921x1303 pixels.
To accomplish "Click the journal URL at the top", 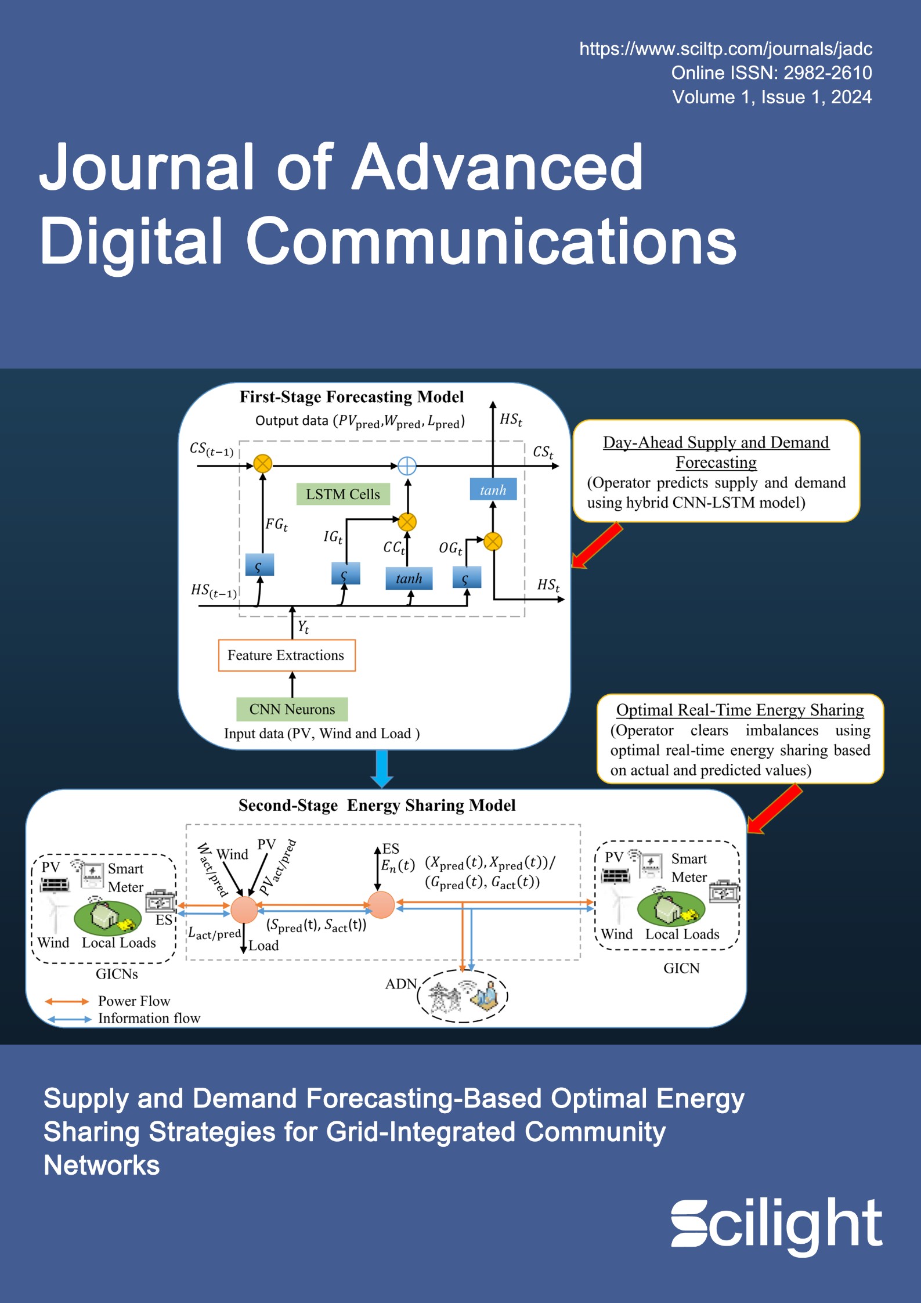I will [x=725, y=49].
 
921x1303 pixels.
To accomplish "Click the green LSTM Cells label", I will [x=342, y=494].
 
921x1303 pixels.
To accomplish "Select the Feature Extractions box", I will [x=286, y=655].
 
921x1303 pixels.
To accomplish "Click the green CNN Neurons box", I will [x=292, y=709].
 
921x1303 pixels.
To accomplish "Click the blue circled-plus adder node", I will [x=407, y=465].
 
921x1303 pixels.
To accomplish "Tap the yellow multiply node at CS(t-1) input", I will [x=263, y=464].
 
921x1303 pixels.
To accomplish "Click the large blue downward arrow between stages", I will [x=382, y=768].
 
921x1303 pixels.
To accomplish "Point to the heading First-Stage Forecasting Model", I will [x=351, y=397].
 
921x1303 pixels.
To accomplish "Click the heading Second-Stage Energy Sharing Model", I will [x=377, y=806].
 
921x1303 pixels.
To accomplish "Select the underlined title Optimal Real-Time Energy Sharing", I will [x=740, y=710].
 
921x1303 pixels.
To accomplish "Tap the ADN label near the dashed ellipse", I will [x=401, y=984].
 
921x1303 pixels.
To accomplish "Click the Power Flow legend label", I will [x=134, y=1001].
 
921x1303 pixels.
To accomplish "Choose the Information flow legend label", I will [x=149, y=1019].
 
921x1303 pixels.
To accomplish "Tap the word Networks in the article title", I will [x=102, y=1165].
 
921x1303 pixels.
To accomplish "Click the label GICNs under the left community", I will [x=117, y=974].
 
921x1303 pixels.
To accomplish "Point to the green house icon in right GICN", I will [x=670, y=909].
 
